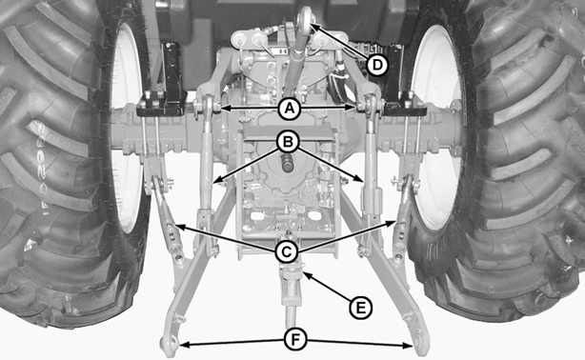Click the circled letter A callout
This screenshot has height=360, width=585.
(289, 109)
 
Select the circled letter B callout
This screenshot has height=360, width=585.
(288, 142)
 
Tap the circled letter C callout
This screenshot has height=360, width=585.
(286, 251)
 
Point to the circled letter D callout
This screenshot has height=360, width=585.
(377, 65)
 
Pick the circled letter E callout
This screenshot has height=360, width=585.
(360, 308)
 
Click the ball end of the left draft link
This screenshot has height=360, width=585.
(168, 344)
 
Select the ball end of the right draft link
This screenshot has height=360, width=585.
(421, 343)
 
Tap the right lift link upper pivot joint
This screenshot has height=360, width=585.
(371, 104)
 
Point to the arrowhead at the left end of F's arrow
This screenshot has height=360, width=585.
(184, 346)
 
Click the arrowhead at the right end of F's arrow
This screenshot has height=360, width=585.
(408, 346)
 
